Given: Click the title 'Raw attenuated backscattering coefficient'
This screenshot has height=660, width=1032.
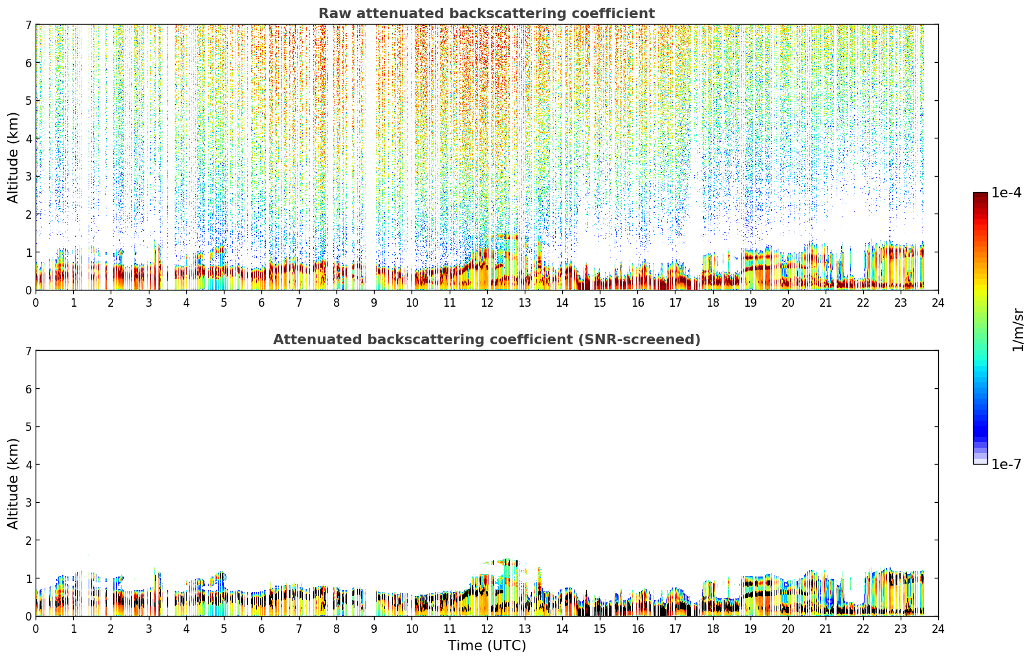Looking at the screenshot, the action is [487, 14].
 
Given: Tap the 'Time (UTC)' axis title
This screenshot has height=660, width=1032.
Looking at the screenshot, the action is [487, 646].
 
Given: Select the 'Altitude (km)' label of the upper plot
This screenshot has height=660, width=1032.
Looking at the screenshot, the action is [13, 158].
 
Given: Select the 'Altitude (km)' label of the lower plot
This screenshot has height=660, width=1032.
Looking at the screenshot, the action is [13, 483].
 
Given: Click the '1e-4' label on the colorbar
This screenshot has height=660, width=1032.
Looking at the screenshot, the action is [1006, 193].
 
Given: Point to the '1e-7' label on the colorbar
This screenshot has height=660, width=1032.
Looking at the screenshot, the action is [1006, 464].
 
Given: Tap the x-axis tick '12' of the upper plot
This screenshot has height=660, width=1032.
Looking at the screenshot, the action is [487, 303].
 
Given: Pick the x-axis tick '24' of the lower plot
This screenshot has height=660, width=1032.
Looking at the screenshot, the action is [938, 629].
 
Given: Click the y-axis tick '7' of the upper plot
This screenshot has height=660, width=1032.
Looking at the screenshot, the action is [28, 25].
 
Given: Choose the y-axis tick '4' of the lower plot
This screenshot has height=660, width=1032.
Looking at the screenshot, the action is [28, 465].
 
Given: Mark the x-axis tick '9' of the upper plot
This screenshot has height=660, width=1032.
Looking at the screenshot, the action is [374, 303].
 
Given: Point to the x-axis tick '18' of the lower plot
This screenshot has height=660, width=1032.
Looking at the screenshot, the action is [713, 629].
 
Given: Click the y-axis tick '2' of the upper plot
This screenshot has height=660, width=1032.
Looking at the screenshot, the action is [28, 214].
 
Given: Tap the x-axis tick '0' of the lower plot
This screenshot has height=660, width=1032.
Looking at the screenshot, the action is [36, 629].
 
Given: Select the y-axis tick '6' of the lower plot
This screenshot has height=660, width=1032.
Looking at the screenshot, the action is [28, 389].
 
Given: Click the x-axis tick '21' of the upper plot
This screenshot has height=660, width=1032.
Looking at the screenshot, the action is [826, 303].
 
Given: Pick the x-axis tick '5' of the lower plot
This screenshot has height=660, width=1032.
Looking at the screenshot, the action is [224, 629].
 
